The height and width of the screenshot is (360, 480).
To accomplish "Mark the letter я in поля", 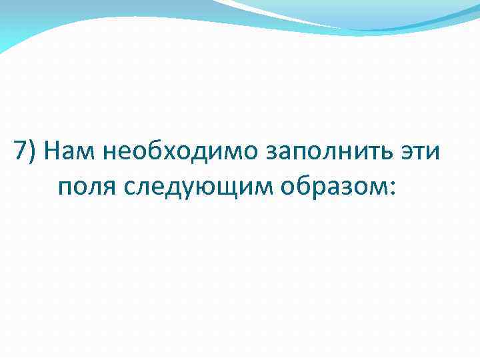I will click(108, 189).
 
